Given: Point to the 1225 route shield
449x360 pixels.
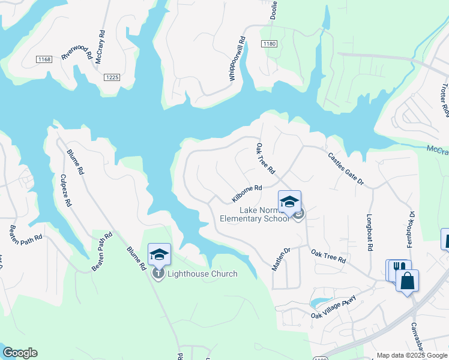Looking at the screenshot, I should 112,77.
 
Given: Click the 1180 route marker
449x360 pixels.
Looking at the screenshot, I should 270,44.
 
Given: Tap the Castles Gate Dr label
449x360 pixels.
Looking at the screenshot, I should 346,169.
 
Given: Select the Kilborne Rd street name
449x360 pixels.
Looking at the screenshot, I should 247,193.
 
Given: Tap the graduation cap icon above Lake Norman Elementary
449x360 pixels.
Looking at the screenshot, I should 289,202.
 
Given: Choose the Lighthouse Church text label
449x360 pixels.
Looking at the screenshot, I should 202,274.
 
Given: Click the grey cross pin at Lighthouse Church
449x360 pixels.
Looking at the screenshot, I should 158,274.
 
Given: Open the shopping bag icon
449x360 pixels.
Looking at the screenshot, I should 407,281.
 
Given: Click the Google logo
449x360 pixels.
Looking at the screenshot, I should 20,353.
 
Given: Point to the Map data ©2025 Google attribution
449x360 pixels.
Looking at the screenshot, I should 412,355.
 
